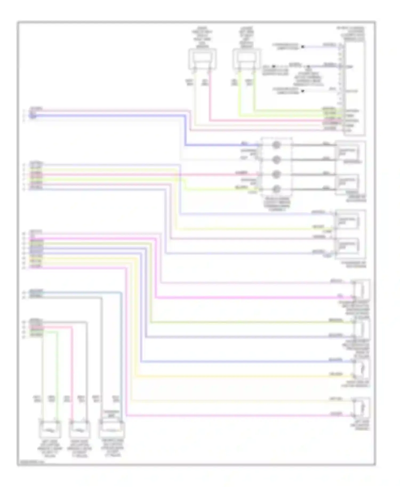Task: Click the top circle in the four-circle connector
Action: [x=276, y=145]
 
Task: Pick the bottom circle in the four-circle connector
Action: [x=276, y=189]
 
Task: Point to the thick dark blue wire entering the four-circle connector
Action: [x=221, y=145]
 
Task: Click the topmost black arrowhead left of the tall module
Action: [x=303, y=47]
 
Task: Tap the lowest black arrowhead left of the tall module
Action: [x=303, y=91]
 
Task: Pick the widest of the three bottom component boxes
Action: [x=111, y=429]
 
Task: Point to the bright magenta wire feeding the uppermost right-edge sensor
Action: [x=253, y=297]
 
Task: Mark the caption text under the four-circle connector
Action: [x=277, y=204]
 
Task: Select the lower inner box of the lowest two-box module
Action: [x=347, y=246]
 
